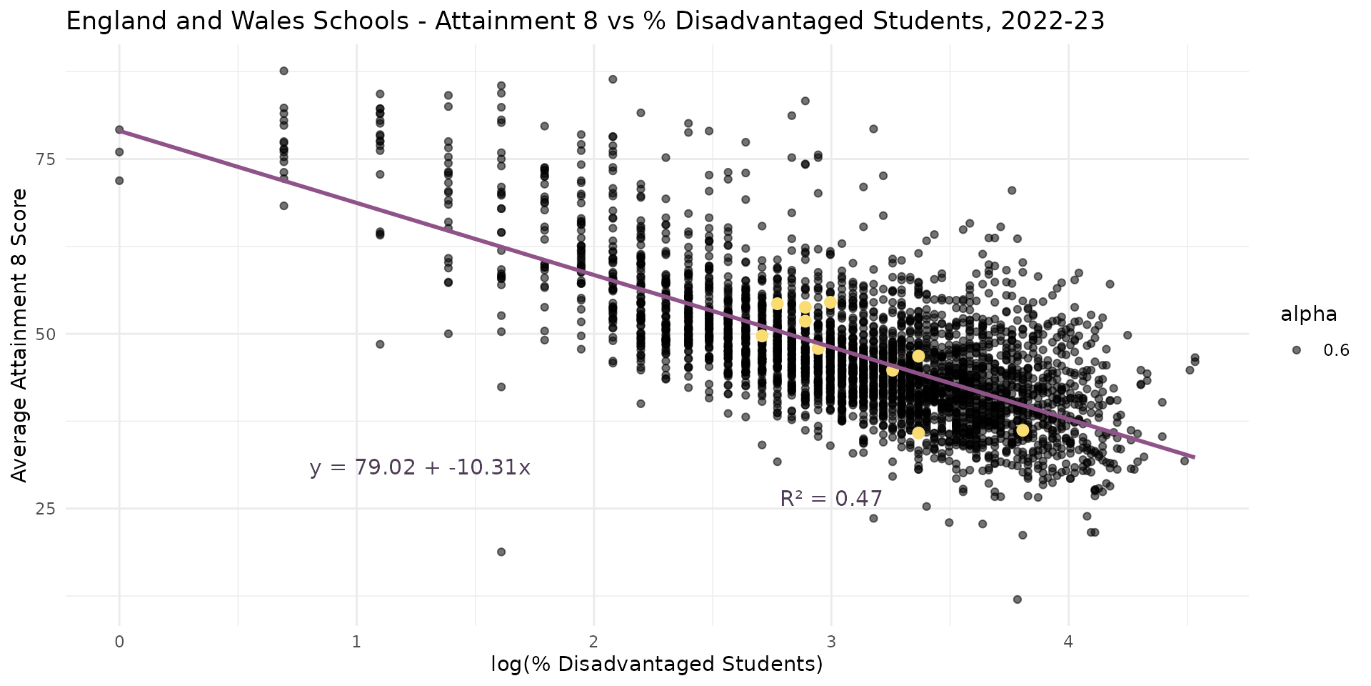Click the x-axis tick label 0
(119, 642)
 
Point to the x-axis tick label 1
(356, 642)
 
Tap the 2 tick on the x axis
(593, 642)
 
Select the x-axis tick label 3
(830, 642)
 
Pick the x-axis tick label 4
(1068, 642)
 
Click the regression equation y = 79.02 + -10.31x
(420, 468)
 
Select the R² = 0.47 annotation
(831, 499)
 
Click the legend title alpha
(1308, 314)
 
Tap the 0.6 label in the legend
(1336, 350)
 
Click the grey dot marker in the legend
(1297, 350)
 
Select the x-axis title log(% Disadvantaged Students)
(657, 665)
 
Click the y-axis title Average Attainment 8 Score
(20, 334)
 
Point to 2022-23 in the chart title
(1053, 21)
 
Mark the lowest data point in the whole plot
(1018, 600)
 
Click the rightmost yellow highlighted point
(1023, 430)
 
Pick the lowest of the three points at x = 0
(119, 181)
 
